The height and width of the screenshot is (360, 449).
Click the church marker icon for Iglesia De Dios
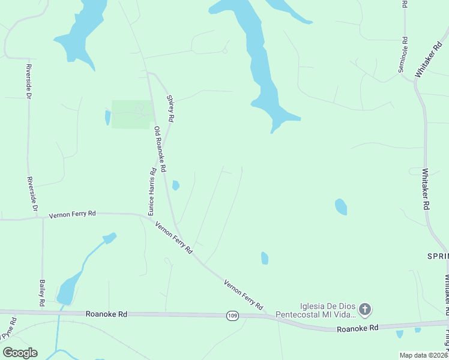tap(365, 310)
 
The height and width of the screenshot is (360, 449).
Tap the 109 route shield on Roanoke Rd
tap(232, 315)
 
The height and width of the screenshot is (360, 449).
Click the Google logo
tap(20, 353)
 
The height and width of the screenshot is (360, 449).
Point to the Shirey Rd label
tap(170, 109)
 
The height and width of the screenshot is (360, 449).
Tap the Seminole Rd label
tap(404, 55)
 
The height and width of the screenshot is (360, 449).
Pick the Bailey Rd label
tap(42, 293)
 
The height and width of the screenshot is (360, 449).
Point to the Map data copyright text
tap(423, 355)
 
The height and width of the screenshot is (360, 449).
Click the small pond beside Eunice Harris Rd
tap(175, 185)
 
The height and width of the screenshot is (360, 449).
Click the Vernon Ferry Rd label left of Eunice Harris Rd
tap(73, 214)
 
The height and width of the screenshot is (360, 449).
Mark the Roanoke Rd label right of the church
tap(358, 328)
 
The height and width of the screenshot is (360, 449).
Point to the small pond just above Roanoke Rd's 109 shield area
tap(265, 258)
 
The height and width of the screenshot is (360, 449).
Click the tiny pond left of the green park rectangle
tap(108, 118)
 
